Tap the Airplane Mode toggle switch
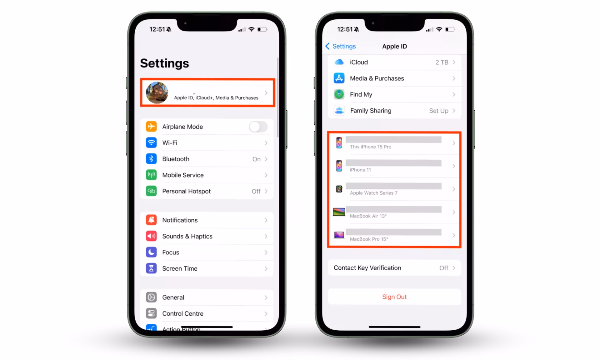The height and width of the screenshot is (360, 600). (x=258, y=127)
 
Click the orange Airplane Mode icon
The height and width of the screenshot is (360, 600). (x=151, y=127)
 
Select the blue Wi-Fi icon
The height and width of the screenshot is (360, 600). (x=151, y=143)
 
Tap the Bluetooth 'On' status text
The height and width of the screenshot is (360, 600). (x=256, y=159)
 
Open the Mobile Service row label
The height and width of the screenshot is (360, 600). (x=183, y=175)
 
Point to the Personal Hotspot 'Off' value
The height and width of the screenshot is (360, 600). (x=256, y=191)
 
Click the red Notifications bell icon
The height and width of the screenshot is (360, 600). (x=151, y=220)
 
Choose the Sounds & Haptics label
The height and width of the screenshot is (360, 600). (x=187, y=236)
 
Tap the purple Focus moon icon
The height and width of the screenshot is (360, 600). (x=151, y=252)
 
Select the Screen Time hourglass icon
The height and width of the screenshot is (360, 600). (x=151, y=268)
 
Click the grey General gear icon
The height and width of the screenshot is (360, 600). (x=151, y=297)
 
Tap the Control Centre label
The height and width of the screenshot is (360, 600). (x=182, y=313)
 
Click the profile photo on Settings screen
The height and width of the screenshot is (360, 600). (x=157, y=93)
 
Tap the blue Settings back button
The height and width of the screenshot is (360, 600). (x=341, y=46)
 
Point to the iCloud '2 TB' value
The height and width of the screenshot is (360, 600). (x=442, y=62)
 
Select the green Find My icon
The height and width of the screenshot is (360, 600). (x=339, y=94)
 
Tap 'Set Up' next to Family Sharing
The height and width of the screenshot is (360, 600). (x=438, y=111)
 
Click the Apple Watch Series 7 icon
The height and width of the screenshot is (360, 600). (x=339, y=189)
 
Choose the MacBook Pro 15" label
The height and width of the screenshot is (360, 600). (x=369, y=239)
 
